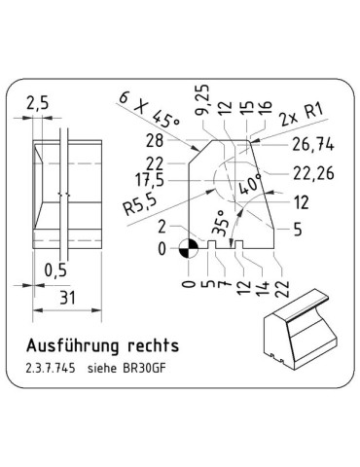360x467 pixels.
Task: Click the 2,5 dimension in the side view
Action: [x=37, y=103]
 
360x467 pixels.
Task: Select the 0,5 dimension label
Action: [x=55, y=269]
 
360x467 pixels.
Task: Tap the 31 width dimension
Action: [x=67, y=298]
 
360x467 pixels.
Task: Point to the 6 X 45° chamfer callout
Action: [x=149, y=110]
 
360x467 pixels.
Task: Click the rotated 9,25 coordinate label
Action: [x=202, y=100]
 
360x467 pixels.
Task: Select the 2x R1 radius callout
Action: [x=302, y=115]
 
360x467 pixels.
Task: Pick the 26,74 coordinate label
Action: [x=313, y=145]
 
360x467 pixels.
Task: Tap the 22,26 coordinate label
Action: [x=313, y=173]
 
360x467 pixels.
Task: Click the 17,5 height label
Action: [x=150, y=180]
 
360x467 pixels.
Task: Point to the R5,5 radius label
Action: [x=140, y=204]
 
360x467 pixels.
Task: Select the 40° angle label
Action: [x=249, y=184]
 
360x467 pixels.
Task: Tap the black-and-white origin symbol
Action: [x=189, y=249]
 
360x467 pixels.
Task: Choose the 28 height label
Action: [x=155, y=141]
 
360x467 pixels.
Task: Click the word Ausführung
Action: [x=73, y=345]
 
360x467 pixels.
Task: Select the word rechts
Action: [x=153, y=345]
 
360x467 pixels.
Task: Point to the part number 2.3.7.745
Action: [x=51, y=369]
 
